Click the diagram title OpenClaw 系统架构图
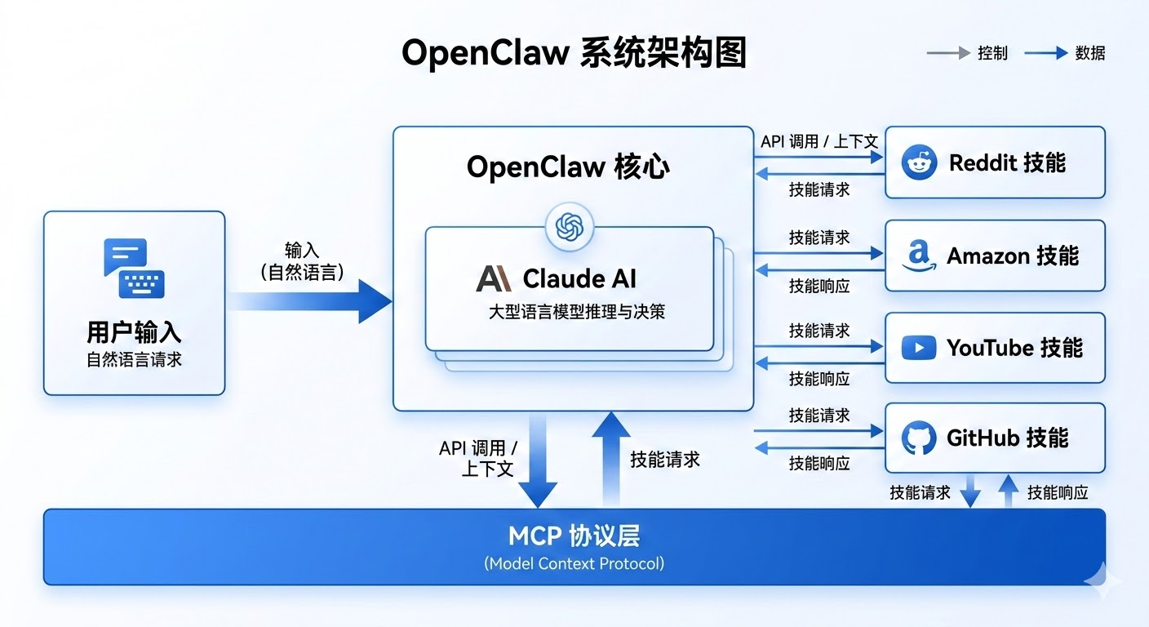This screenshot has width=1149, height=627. (x=574, y=54)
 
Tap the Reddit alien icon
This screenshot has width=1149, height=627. (x=919, y=162)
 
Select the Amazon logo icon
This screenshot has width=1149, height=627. (x=919, y=256)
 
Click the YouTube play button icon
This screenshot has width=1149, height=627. (x=919, y=349)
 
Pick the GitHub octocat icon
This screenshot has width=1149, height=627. (x=919, y=438)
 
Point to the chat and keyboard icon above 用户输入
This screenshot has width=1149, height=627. (x=134, y=268)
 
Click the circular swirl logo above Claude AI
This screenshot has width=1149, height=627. (x=569, y=226)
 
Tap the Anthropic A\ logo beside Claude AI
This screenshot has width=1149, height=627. (x=493, y=278)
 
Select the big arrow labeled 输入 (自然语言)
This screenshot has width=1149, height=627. (x=310, y=301)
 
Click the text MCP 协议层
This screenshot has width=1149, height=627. (x=574, y=536)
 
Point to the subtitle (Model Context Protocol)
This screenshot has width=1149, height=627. (x=574, y=563)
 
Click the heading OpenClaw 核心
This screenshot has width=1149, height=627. (x=568, y=167)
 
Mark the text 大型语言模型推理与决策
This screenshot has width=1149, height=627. (x=576, y=311)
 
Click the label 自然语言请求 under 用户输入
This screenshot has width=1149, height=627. (x=134, y=359)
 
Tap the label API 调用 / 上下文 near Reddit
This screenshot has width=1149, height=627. (x=818, y=141)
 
